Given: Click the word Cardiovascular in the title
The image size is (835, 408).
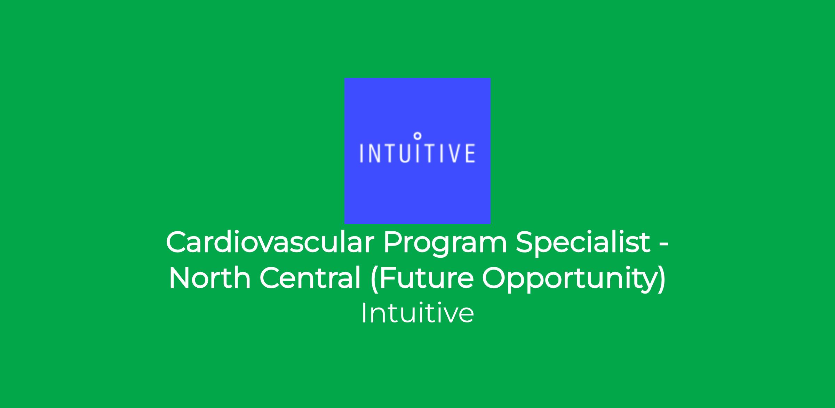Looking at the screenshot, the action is [270, 242].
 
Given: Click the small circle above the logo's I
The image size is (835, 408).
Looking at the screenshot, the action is [418, 136].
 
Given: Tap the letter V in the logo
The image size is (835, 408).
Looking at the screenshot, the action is [453, 153].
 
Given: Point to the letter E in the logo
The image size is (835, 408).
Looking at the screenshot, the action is [470, 153].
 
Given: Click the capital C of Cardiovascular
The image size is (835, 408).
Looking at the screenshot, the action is [177, 242].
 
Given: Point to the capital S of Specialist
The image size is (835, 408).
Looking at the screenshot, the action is [525, 242].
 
